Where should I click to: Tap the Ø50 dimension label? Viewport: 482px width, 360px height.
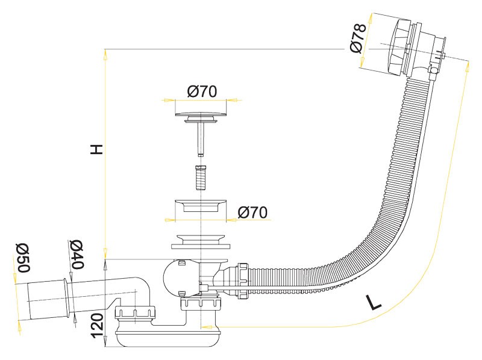point(23,258)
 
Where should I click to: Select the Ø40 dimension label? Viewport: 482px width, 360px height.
point(77,254)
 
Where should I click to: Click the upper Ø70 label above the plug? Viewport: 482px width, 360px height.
point(202,92)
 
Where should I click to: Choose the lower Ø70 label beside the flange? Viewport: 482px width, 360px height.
point(252,212)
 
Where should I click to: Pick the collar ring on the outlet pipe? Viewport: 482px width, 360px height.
point(69,298)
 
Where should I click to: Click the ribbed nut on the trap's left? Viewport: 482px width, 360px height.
point(136,313)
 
